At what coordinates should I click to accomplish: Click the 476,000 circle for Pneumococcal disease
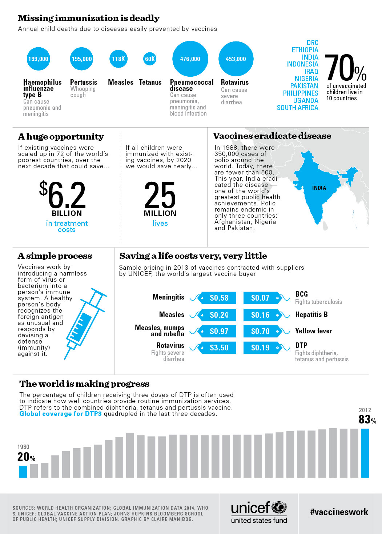(x=190, y=59)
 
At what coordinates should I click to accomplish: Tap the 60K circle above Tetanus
(x=150, y=59)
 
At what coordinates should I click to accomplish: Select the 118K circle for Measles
(x=118, y=59)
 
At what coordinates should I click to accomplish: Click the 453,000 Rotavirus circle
(x=236, y=59)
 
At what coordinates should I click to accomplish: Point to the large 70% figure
(x=345, y=68)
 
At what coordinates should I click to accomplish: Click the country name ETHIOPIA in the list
(x=305, y=50)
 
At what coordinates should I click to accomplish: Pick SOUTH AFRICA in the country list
(x=297, y=108)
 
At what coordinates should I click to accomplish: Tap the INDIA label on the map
(x=319, y=188)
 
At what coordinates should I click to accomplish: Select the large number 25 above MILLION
(x=160, y=195)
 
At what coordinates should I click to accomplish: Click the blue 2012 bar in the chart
(x=365, y=453)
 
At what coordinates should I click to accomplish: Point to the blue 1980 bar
(x=23, y=471)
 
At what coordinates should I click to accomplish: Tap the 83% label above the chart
(x=367, y=419)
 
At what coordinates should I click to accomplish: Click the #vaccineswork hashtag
(x=339, y=512)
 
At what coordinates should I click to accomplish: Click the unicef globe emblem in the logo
(x=279, y=507)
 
